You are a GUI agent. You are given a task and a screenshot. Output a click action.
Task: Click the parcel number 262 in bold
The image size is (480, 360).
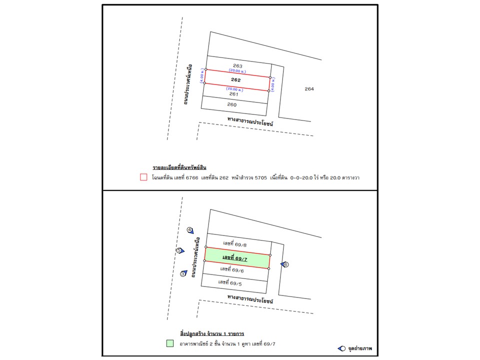pyautogui.click(x=236, y=80)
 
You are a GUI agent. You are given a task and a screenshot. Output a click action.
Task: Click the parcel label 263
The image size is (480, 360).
pyautogui.click(x=237, y=66)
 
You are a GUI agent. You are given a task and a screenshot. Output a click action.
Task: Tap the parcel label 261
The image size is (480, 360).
pyautogui.click(x=233, y=94)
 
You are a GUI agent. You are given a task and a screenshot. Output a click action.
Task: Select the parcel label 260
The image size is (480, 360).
pyautogui.click(x=232, y=105)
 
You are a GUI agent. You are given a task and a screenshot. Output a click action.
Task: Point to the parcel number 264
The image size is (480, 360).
pyautogui.click(x=309, y=89)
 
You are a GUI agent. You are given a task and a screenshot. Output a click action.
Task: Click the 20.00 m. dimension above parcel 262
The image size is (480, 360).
pyautogui.click(x=237, y=71)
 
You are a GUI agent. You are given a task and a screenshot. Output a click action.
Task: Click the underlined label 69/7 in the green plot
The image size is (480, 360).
pyautogui.click(x=235, y=257)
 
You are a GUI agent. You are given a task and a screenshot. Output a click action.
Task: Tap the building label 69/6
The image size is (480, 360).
pyautogui.click(x=232, y=270)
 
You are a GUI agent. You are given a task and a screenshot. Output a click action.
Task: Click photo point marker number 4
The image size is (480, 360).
pyautogui.click(x=190, y=230)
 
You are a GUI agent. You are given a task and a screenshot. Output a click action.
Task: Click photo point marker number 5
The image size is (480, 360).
pyautogui.click(x=179, y=250)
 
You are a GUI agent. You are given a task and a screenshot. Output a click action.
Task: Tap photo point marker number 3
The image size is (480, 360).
pyautogui.click(x=183, y=273)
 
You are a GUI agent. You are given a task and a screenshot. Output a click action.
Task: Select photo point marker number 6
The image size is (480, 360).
pyautogui.click(x=285, y=264)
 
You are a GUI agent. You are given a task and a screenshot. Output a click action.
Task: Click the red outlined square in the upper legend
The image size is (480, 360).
pyautogui.click(x=143, y=177)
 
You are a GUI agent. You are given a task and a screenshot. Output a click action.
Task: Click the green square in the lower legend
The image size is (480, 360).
pyautogui.click(x=170, y=343)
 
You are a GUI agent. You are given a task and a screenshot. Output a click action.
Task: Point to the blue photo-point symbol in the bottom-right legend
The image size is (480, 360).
pyautogui.click(x=342, y=348)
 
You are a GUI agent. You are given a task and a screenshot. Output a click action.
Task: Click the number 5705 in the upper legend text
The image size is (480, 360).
pyautogui.click(x=261, y=177)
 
